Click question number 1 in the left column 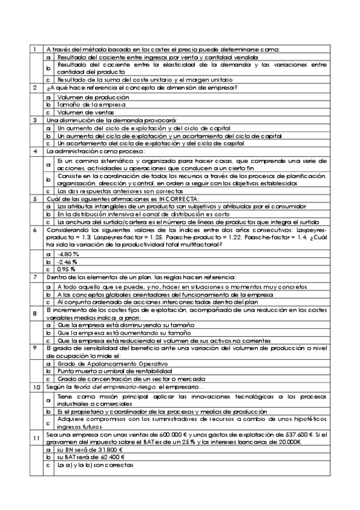point(35,49)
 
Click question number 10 point(36,387)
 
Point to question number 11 point(36,437)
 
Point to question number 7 point(35,277)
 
